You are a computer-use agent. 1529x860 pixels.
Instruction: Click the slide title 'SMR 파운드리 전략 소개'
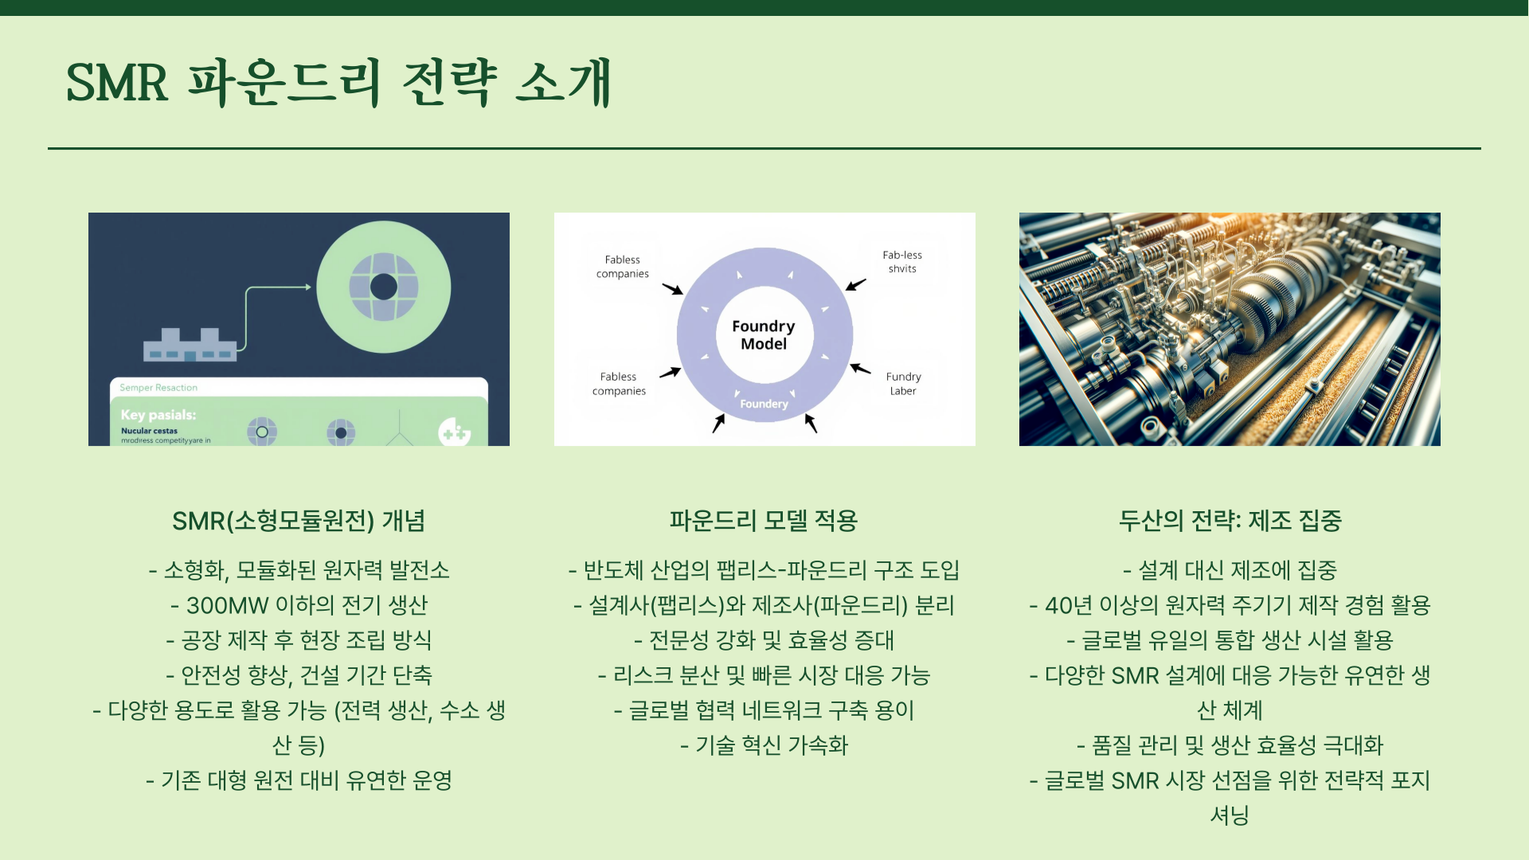click(x=338, y=82)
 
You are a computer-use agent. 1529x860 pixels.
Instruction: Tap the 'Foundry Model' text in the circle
click(x=764, y=335)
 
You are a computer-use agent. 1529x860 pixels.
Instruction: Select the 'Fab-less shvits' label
click(x=902, y=262)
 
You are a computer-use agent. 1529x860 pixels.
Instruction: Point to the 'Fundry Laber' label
click(x=903, y=384)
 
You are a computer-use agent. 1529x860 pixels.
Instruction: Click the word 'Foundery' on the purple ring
click(x=764, y=404)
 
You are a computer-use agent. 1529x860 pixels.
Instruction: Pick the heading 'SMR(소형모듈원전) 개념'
click(x=299, y=521)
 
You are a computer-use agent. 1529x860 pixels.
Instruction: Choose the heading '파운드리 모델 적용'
click(x=764, y=521)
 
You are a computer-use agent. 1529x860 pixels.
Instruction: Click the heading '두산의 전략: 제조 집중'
click(x=1230, y=521)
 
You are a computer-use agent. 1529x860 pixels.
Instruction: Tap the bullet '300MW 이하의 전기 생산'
click(x=299, y=605)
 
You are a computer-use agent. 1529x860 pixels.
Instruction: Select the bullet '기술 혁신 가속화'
click(x=764, y=745)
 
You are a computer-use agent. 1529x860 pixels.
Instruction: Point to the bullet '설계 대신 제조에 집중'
click(x=1230, y=570)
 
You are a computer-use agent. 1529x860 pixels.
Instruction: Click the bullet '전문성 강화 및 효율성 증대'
click(x=764, y=640)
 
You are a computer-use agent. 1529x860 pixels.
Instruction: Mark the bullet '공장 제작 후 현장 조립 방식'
click(x=299, y=640)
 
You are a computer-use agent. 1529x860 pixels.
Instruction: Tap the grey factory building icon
click(x=190, y=346)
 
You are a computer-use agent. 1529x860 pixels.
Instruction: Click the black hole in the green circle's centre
click(x=384, y=287)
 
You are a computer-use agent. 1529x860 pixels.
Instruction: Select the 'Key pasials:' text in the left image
click(x=158, y=415)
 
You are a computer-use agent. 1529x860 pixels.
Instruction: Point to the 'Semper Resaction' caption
click(x=158, y=388)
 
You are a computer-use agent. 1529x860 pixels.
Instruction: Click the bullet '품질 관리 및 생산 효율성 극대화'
click(x=1230, y=745)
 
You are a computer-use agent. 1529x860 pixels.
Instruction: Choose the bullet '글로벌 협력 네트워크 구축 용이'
click(x=764, y=710)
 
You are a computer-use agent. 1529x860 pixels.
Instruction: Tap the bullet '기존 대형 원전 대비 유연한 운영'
click(x=299, y=780)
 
